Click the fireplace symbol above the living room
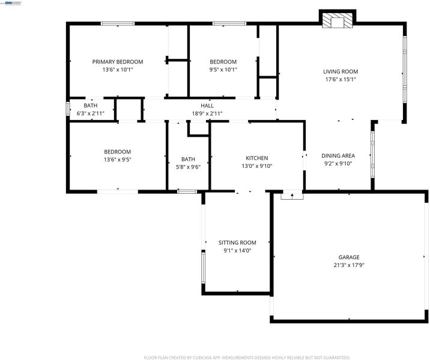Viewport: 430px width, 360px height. click(338, 19)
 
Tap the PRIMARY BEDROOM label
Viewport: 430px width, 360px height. click(118, 62)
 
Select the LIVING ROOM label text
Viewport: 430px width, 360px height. click(341, 72)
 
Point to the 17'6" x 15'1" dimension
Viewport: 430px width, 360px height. click(341, 79)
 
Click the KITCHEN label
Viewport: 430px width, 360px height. click(256, 158)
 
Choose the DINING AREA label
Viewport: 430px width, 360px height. click(338, 156)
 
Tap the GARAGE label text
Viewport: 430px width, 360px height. click(349, 257)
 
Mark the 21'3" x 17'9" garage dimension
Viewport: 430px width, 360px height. click(349, 265)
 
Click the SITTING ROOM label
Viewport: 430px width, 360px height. click(237, 243)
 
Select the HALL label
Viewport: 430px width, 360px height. click(207, 106)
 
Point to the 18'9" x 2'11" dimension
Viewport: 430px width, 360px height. click(207, 113)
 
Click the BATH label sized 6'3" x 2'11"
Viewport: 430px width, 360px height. click(91, 106)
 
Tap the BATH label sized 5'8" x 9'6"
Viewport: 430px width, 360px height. click(188, 159)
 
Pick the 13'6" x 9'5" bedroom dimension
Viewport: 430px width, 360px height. click(118, 160)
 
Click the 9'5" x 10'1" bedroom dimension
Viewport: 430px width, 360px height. click(223, 70)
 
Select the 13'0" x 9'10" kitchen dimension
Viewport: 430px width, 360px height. click(256, 166)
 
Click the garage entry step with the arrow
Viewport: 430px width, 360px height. click(292, 196)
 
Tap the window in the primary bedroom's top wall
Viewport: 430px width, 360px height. click(118, 23)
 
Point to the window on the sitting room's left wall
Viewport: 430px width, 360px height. click(203, 268)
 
